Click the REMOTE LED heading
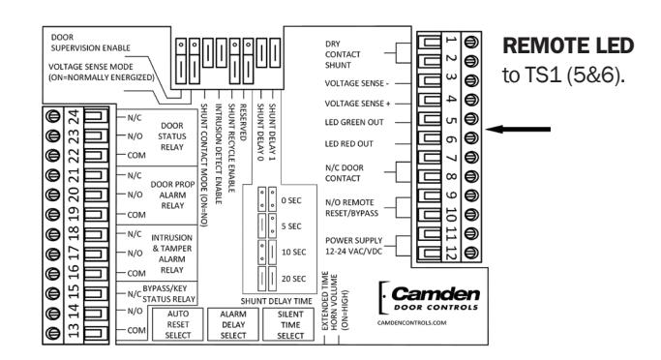click(x=568, y=45)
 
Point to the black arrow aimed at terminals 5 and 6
click(x=518, y=129)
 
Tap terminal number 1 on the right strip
click(x=451, y=42)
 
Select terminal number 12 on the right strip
click(x=451, y=253)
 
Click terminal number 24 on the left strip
click(x=74, y=116)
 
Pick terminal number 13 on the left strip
click(x=74, y=331)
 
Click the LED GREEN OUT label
click(x=354, y=122)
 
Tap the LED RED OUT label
click(x=348, y=144)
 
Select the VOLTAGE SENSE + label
click(x=357, y=104)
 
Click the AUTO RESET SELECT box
click(x=178, y=324)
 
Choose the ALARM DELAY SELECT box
click(x=233, y=324)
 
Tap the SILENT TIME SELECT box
click(x=289, y=324)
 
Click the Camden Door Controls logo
click(x=429, y=298)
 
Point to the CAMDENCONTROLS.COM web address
click(x=411, y=323)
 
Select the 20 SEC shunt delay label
click(x=293, y=279)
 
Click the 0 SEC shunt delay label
click(x=291, y=200)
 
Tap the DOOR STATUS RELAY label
click(x=172, y=136)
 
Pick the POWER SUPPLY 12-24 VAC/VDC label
click(x=353, y=246)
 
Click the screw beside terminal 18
click(x=53, y=233)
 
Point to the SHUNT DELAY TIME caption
click(x=277, y=301)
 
